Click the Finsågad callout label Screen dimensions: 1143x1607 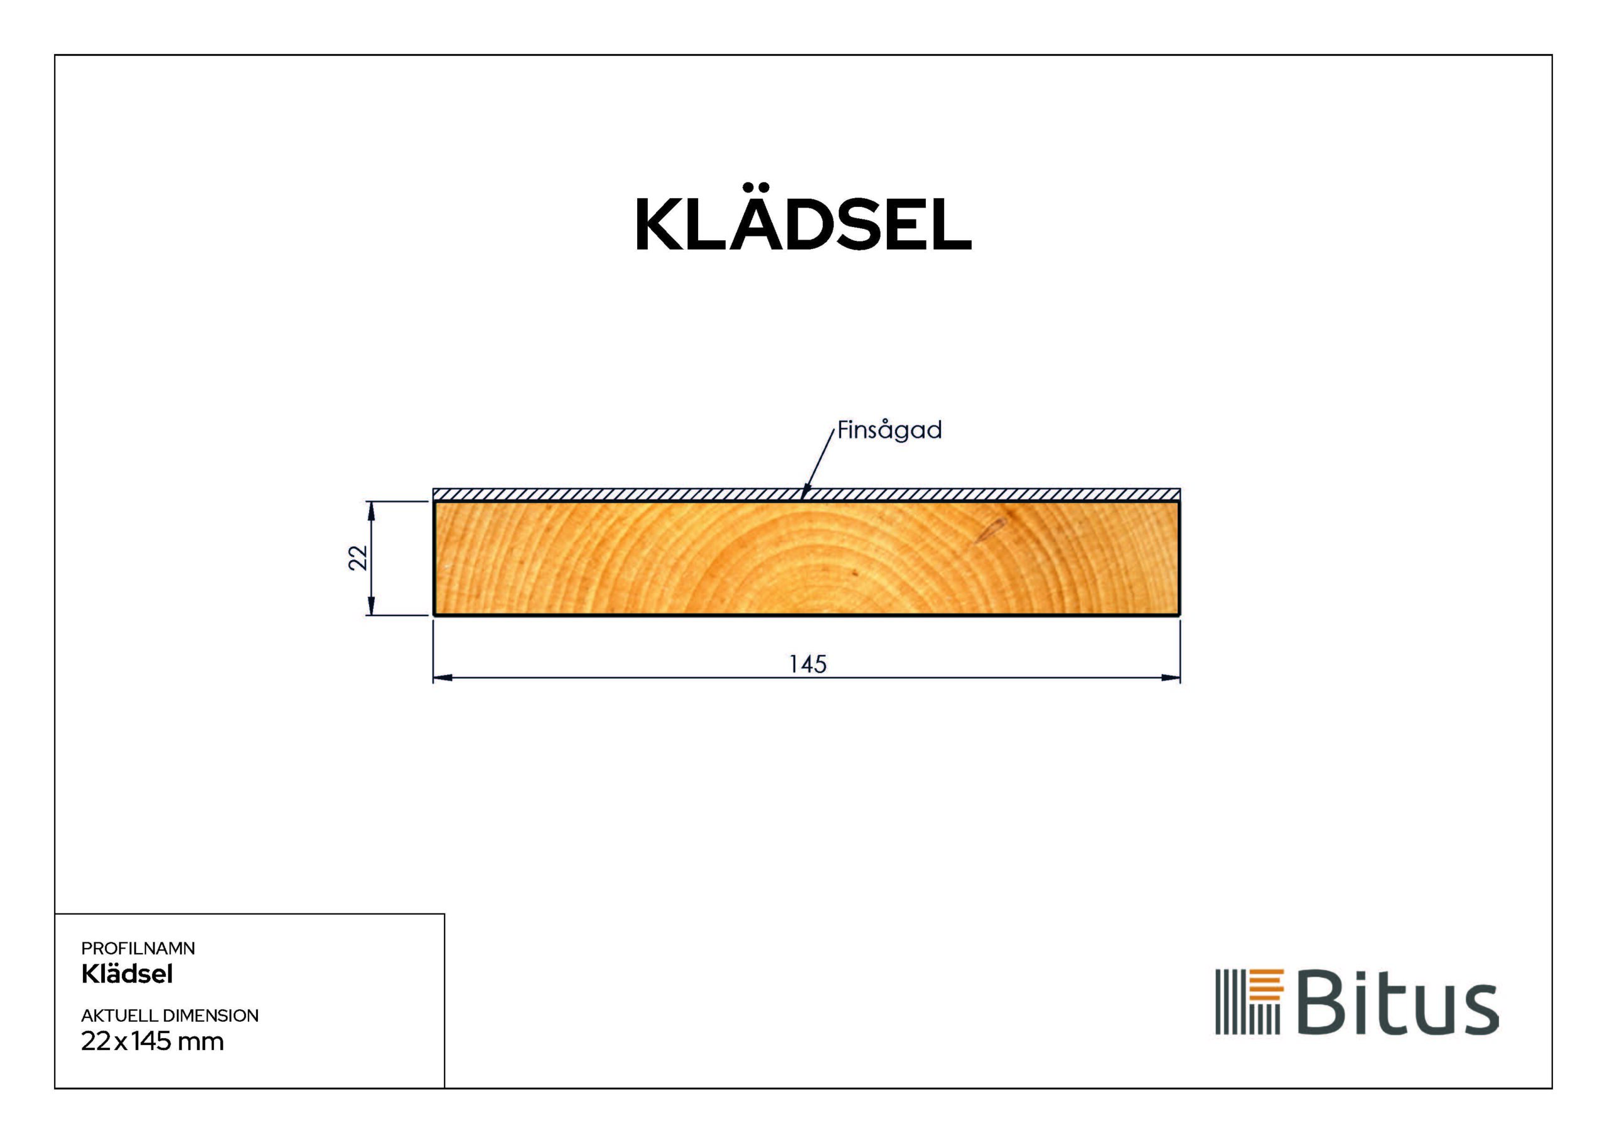889,430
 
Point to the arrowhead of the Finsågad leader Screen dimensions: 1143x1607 804,496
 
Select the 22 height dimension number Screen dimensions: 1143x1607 358,558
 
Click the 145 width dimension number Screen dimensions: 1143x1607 807,664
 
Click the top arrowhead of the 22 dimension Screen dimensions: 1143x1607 371,508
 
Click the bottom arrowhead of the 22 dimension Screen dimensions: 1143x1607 371,608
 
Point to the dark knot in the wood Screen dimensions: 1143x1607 989,531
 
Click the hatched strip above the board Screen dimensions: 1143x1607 634,494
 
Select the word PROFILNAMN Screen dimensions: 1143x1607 138,948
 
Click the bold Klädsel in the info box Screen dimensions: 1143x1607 127,974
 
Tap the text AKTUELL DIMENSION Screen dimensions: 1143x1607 169,1016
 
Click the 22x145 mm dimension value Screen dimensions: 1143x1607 152,1041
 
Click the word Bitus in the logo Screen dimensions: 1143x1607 1397,1002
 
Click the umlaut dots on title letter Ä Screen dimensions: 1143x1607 756,187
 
